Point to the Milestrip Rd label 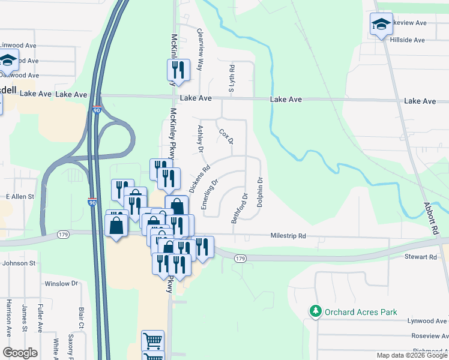tap(288, 236)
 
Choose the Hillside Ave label tap(408, 40)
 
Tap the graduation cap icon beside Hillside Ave tap(381, 25)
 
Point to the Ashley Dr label tap(201, 139)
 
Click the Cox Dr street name tap(226, 137)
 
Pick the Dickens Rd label tap(199, 179)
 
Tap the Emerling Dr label tap(209, 193)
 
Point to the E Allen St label tap(20, 196)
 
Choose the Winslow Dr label tap(62, 283)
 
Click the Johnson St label tap(20, 263)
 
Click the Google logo tap(20, 353)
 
